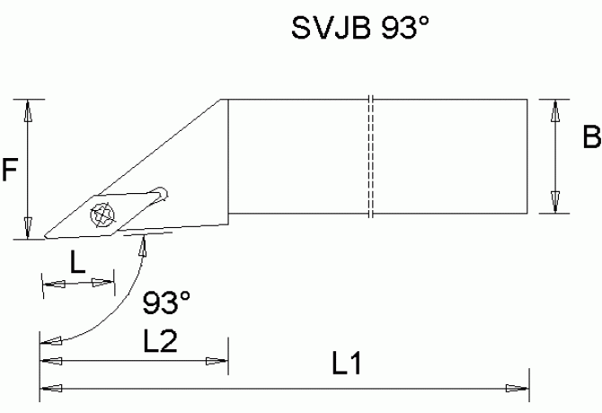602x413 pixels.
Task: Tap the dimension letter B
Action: pyautogui.click(x=591, y=139)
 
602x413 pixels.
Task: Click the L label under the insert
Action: pyautogui.click(x=78, y=262)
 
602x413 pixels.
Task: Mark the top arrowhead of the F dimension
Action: pyautogui.click(x=29, y=110)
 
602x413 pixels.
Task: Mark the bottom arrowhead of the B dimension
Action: pyautogui.click(x=556, y=203)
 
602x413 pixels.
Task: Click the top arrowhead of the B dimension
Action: pyautogui.click(x=556, y=110)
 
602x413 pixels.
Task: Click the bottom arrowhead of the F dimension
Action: pyautogui.click(x=29, y=228)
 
